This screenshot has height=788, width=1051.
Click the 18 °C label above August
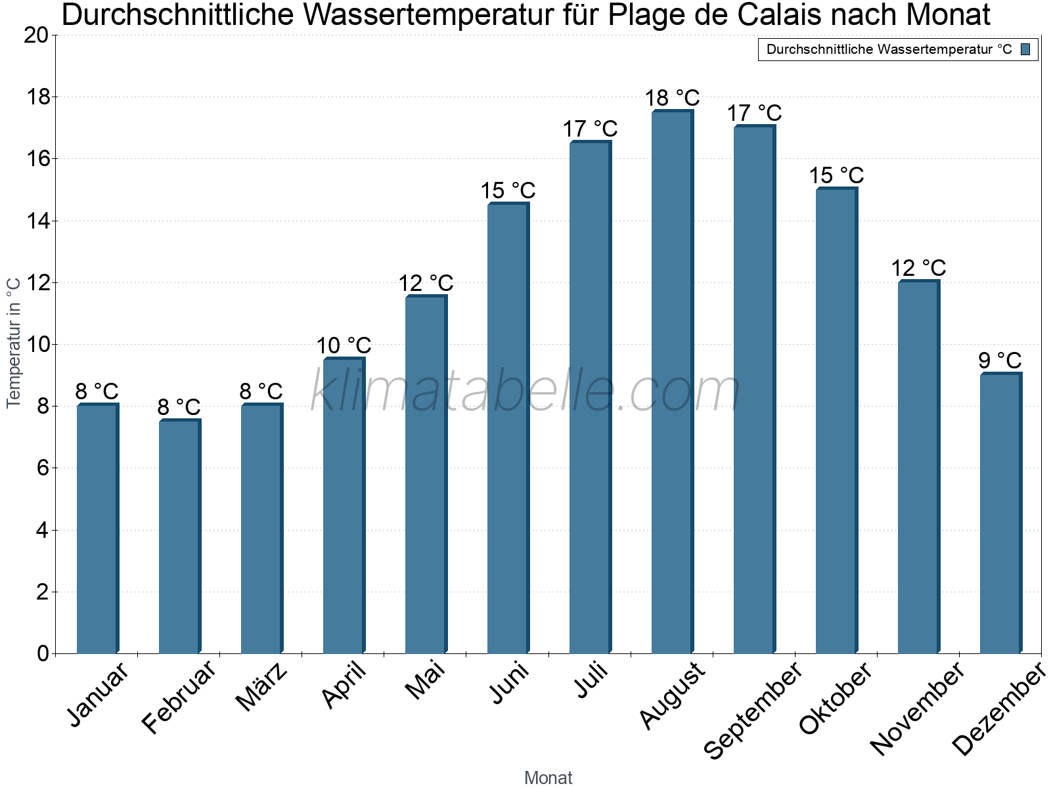pos(672,98)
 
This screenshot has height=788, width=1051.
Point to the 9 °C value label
pos(1000,361)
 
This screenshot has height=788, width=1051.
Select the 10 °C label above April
pos(344,345)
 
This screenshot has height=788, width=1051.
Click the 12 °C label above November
pos(918,268)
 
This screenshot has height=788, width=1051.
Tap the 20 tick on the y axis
pos(36,35)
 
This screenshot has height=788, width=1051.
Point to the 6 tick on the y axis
pos(43,468)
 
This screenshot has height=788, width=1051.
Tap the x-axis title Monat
pos(548,778)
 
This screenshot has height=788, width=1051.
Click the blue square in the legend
pos(1025,49)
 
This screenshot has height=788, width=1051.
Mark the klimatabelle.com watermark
pos(525,391)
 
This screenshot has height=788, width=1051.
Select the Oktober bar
pos(836,421)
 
